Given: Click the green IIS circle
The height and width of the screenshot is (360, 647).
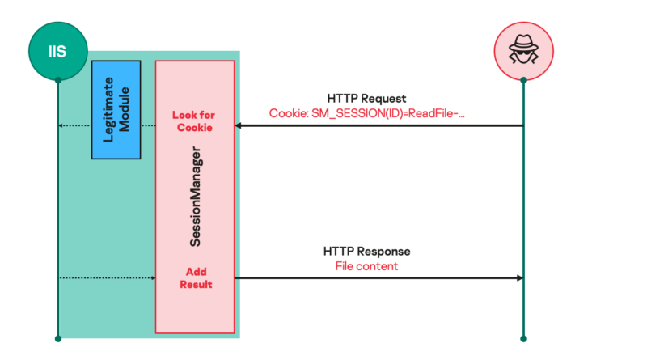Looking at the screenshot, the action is click(58, 51).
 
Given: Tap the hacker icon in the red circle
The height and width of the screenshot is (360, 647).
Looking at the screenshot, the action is click(523, 49).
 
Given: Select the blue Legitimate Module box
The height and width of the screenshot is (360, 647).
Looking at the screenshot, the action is click(116, 110).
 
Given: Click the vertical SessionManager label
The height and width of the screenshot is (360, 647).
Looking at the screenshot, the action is click(195, 197).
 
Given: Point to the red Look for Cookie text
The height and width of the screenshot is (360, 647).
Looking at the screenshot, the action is click(194, 121).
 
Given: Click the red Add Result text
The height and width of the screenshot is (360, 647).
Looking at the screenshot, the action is click(196, 277).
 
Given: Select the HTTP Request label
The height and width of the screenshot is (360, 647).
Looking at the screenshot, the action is click(366, 98).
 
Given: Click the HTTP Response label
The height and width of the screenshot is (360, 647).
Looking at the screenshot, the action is click(366, 252).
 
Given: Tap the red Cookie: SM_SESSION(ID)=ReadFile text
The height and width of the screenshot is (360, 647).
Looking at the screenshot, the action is click(367, 113).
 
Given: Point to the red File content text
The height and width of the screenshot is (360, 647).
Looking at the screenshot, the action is click(366, 266).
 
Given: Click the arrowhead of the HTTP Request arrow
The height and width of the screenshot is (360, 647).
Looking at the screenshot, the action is click(238, 125).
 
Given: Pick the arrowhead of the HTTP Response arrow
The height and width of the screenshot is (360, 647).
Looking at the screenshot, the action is click(520, 277).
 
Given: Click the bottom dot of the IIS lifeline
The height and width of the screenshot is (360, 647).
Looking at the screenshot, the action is click(58, 339).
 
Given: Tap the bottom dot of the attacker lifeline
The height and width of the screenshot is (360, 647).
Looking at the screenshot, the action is click(523, 339).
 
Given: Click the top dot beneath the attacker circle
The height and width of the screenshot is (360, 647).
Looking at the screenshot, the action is click(523, 80).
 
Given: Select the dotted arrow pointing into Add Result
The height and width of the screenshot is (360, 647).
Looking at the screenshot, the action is click(108, 277).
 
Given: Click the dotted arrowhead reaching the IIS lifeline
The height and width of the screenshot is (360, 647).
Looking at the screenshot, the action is click(61, 125).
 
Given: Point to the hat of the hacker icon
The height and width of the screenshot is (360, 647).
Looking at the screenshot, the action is click(523, 42).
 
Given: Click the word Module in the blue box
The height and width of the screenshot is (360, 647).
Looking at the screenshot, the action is click(124, 110).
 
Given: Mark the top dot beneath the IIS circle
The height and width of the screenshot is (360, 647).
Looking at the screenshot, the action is click(58, 80).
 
